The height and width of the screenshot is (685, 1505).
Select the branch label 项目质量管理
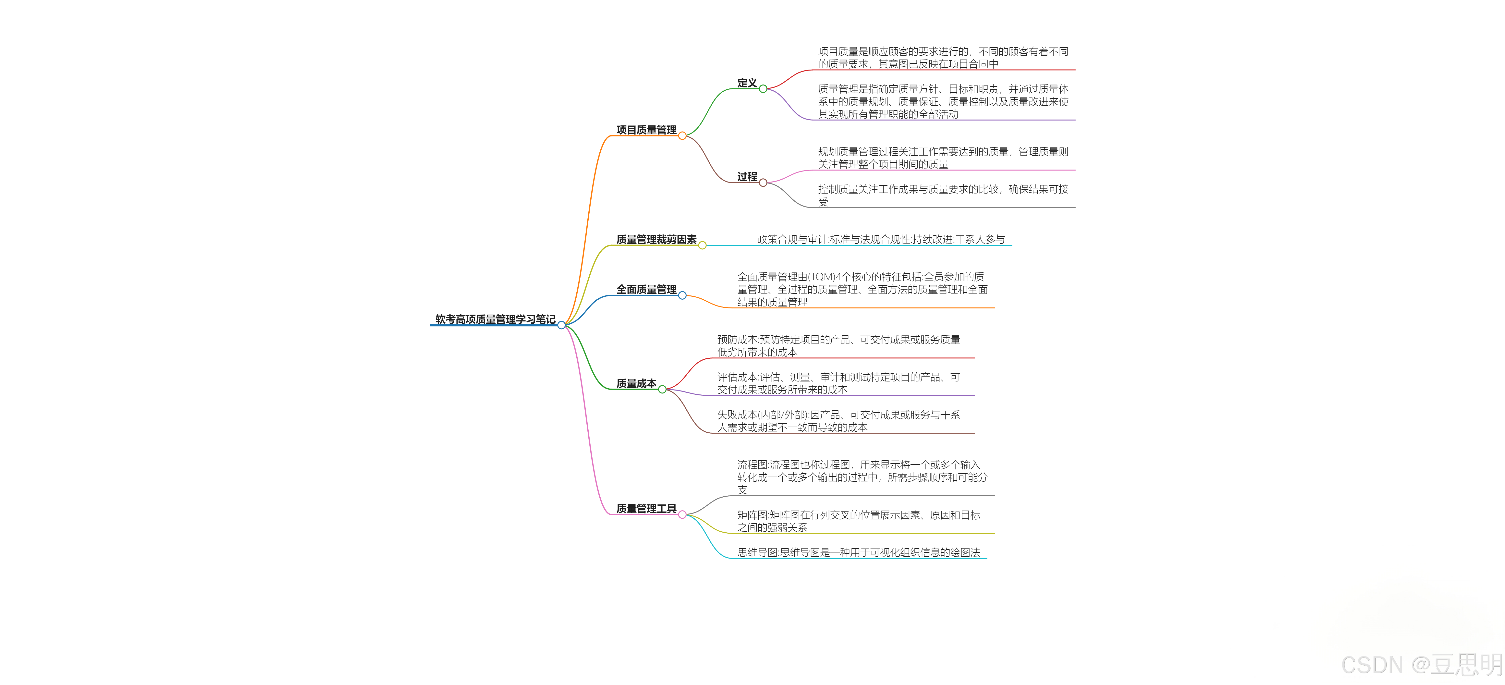[646, 130]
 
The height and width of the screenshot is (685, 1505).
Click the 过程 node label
[747, 176]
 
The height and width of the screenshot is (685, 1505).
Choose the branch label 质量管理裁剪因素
[656, 239]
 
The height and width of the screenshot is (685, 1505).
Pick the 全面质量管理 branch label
[646, 289]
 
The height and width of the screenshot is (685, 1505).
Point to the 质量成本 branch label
[636, 383]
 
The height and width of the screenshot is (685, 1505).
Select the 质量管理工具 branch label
[646, 509]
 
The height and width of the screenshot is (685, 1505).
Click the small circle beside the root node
[561, 325]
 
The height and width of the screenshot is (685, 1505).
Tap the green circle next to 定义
[763, 89]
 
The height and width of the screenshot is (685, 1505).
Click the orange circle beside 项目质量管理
[682, 135]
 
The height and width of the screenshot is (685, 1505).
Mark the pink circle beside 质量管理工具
[682, 514]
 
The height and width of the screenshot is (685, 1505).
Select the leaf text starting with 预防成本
[838, 345]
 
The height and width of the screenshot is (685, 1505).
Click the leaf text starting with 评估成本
[838, 383]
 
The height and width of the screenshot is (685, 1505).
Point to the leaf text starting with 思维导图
[858, 552]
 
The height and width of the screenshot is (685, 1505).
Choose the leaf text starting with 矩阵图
[858, 521]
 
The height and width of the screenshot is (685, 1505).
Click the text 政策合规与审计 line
[881, 239]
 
